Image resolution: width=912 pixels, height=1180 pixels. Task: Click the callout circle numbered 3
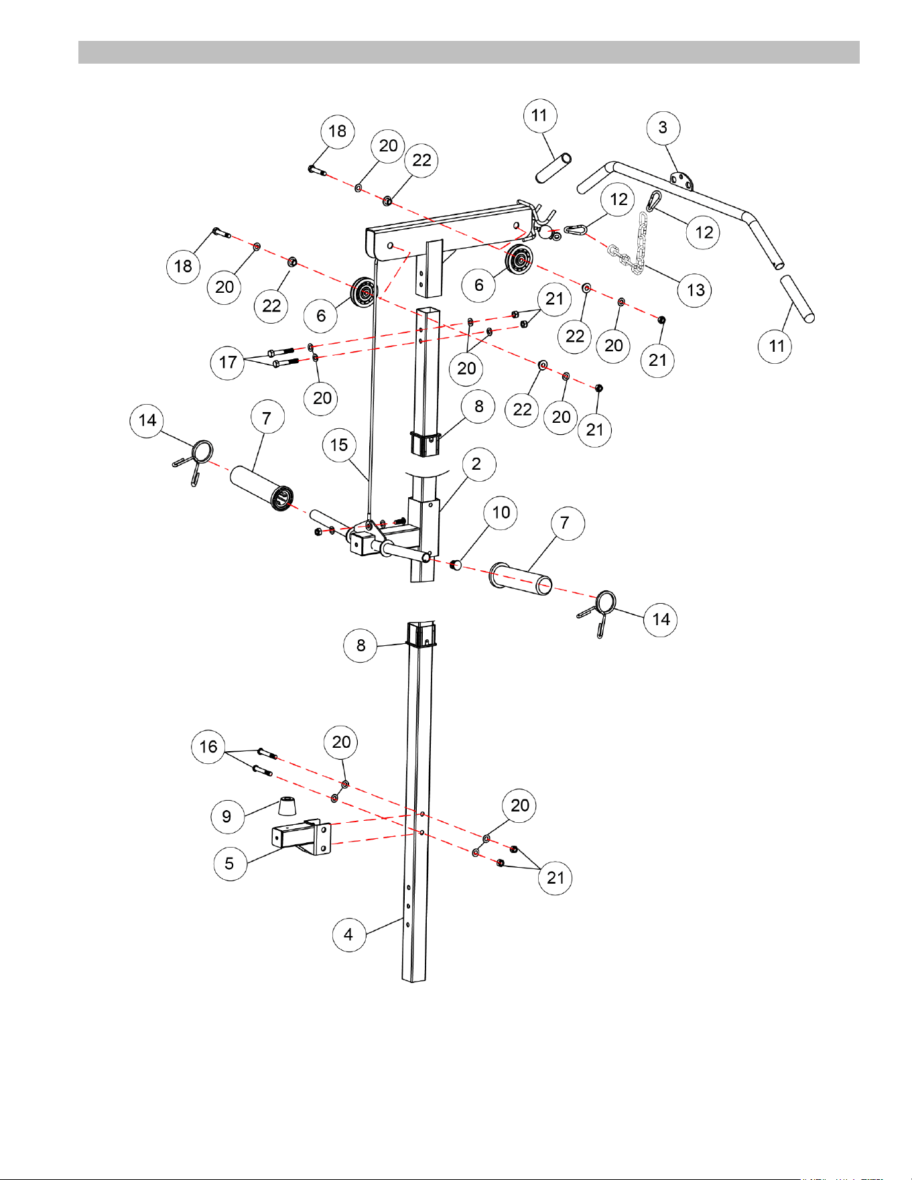click(x=663, y=128)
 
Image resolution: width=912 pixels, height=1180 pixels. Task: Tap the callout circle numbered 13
click(x=695, y=290)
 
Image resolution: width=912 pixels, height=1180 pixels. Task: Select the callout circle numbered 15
click(x=339, y=445)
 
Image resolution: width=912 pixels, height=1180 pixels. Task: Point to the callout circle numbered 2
click(x=476, y=464)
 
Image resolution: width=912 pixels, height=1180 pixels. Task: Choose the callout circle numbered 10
click(x=501, y=513)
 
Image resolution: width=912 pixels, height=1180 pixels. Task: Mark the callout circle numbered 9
click(x=227, y=816)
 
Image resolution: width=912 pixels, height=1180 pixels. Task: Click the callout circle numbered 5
click(x=230, y=863)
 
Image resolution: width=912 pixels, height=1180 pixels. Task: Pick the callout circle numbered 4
click(x=349, y=934)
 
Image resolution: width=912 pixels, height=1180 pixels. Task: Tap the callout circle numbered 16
click(x=208, y=747)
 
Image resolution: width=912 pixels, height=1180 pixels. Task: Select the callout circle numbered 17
click(x=228, y=363)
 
